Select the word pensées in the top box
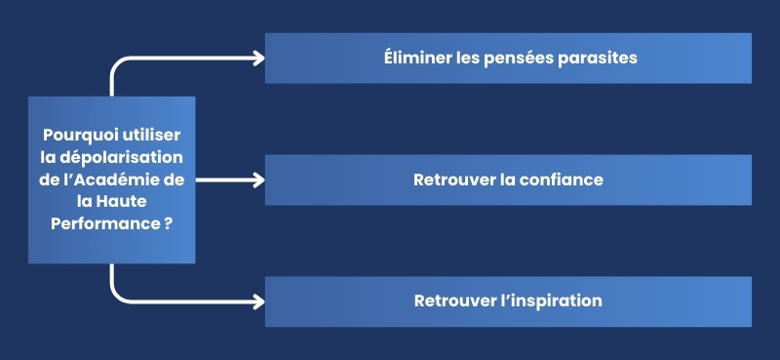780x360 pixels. pyautogui.click(x=517, y=58)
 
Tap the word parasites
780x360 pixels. pyautogui.click(x=597, y=58)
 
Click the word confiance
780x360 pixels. pyautogui.click(x=561, y=180)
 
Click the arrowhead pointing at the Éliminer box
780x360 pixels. pyautogui.click(x=258, y=58)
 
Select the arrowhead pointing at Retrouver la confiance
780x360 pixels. pyautogui.click(x=258, y=180)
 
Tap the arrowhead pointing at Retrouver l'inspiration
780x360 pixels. pyautogui.click(x=258, y=300)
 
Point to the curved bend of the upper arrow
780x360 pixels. pyautogui.click(x=117, y=63)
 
